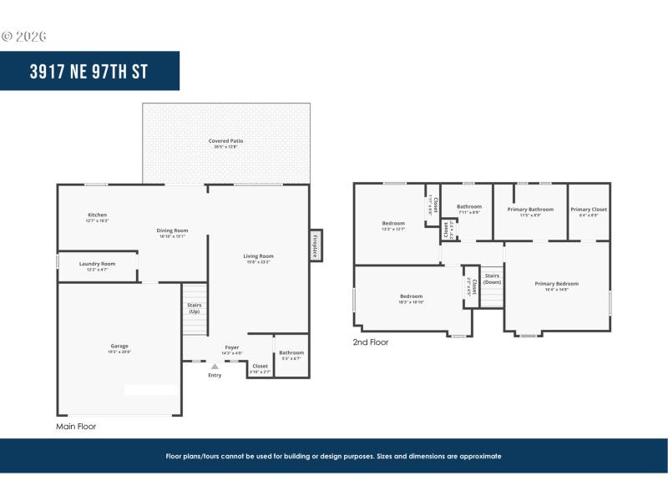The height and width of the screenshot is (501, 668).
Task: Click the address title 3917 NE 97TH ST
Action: (89, 71)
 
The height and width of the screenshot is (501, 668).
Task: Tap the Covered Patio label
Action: (225, 141)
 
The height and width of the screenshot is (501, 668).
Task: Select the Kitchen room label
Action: (98, 215)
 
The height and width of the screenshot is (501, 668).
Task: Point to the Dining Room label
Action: (172, 230)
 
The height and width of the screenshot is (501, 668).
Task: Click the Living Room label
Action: (258, 256)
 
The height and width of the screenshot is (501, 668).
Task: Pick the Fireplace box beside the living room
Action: (316, 245)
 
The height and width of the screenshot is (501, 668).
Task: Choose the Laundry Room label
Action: (97, 264)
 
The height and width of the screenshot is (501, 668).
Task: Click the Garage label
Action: (119, 346)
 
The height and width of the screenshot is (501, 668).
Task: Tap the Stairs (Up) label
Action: (194, 308)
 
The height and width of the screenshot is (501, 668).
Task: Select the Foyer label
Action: (232, 347)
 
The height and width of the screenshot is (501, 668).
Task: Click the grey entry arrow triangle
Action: (215, 366)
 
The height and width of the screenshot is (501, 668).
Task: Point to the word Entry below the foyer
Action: (215, 375)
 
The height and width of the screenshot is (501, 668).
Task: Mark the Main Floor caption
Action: (76, 426)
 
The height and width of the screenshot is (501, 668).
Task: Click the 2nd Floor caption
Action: (371, 342)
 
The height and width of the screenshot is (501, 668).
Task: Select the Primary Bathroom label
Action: (530, 210)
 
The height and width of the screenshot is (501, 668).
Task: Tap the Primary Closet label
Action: (589, 210)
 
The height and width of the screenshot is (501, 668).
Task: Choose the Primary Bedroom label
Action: (556, 284)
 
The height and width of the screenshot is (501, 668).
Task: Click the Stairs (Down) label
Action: (492, 278)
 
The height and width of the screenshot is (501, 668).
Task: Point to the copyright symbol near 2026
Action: (8, 36)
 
